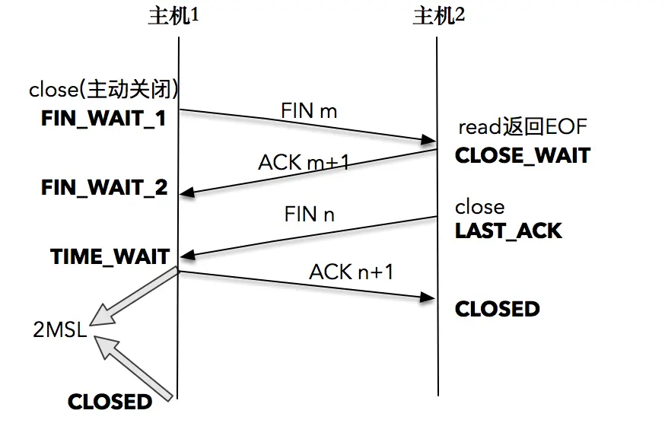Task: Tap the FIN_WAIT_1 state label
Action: [103, 119]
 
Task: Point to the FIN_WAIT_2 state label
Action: [104, 188]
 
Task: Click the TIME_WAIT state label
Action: [110, 256]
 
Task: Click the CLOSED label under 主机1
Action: [110, 401]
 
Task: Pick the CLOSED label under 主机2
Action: [497, 308]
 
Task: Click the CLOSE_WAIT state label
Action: [522, 155]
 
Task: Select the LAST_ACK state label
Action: [508, 231]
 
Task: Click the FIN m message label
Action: [309, 111]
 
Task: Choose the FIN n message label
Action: [309, 214]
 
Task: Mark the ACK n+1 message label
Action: [351, 272]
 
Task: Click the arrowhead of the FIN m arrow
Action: [428, 140]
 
